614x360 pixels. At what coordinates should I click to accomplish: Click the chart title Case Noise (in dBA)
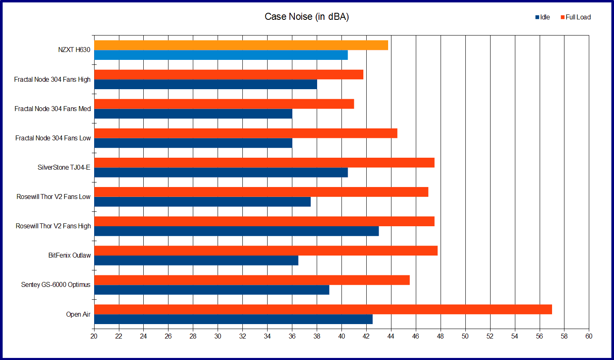(x=306, y=17)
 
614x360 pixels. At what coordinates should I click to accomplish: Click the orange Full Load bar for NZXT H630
(x=241, y=45)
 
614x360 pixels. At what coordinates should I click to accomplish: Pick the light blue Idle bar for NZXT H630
(x=220, y=55)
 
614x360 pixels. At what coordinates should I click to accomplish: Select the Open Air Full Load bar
(x=323, y=309)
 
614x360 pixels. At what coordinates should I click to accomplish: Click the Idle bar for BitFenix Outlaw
(x=196, y=261)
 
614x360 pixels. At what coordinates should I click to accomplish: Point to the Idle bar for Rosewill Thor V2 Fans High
(x=236, y=231)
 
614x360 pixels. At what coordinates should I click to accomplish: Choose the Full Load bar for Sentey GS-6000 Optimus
(x=252, y=280)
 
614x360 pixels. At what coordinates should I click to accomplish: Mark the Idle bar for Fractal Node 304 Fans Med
(x=193, y=114)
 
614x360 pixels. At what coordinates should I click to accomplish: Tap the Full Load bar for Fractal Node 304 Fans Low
(x=246, y=133)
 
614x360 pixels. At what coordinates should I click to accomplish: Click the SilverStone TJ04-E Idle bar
(x=220, y=172)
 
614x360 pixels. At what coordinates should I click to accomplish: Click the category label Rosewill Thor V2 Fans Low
(x=53, y=197)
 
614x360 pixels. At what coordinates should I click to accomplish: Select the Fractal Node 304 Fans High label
(x=52, y=79)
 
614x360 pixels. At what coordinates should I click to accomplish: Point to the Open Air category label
(x=78, y=314)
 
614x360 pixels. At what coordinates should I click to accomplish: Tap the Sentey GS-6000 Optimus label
(x=56, y=285)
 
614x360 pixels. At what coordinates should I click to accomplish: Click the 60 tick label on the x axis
(x=588, y=336)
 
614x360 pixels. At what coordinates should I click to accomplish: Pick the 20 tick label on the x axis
(x=94, y=336)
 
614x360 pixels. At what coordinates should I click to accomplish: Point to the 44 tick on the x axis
(x=391, y=336)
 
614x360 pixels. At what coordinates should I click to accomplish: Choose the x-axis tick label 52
(x=490, y=336)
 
